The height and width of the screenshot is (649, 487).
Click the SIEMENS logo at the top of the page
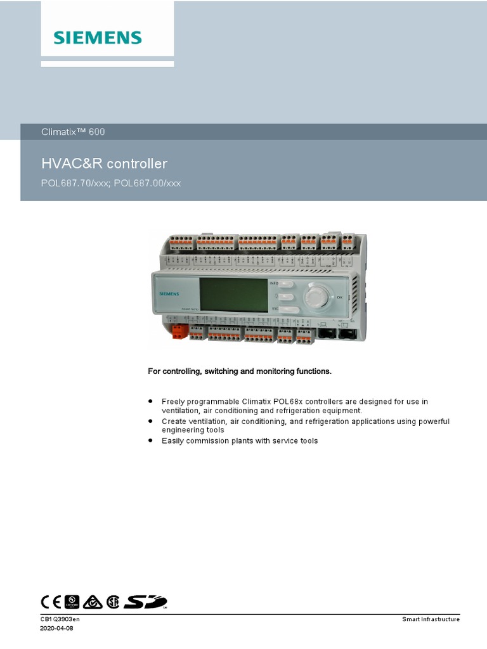tap(98, 37)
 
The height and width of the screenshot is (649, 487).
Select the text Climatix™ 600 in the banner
tap(73, 132)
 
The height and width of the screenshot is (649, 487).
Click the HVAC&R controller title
tap(104, 164)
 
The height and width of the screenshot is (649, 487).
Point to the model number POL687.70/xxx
tap(75, 184)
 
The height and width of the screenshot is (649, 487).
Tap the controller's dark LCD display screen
tap(233, 295)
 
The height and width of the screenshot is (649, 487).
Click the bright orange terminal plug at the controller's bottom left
tap(179, 331)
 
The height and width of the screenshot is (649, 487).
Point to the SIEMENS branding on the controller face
tap(169, 294)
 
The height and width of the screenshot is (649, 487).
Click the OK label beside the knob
tap(340, 297)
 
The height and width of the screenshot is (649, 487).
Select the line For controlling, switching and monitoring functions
tap(240, 371)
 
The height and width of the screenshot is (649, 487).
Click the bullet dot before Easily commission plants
tap(151, 440)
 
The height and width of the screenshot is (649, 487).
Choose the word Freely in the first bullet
tap(172, 402)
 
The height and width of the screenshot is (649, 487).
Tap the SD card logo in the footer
tap(146, 601)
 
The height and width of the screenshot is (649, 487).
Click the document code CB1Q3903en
tap(60, 619)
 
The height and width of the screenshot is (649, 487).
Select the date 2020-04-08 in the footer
tap(57, 629)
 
